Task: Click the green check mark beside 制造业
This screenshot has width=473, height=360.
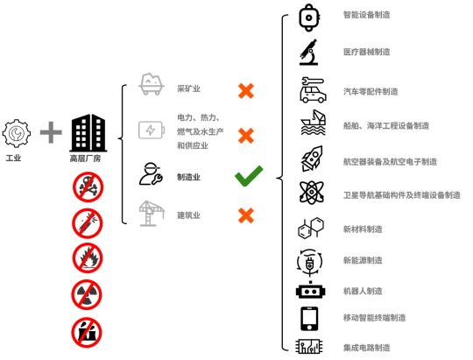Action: coord(248,177)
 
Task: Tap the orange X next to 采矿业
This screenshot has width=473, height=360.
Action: coord(246,91)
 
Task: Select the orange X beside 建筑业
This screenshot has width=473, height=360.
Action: coord(246,215)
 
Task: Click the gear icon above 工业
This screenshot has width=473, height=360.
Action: coord(17,133)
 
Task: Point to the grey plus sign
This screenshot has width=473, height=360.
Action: coord(51,132)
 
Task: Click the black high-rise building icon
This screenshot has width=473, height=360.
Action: coord(88,133)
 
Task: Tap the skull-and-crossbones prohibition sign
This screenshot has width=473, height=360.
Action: coord(88,187)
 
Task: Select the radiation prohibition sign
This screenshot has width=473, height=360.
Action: coord(87,294)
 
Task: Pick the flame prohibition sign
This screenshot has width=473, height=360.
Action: coord(88,258)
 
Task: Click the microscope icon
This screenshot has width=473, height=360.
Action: coord(309,52)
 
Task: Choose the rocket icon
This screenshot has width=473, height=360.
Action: coord(312,159)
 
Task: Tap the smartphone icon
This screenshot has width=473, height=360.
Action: coord(309,319)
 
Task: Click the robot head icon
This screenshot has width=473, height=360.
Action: coord(310,290)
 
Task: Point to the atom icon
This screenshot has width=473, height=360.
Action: coord(312,193)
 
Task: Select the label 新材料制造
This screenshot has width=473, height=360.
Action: coord(363,229)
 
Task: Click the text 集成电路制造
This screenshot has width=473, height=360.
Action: coord(366,348)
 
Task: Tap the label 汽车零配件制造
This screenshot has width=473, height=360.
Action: coord(371,91)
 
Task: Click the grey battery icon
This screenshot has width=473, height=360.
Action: coord(152,130)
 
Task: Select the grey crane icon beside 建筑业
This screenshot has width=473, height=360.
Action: coord(152,214)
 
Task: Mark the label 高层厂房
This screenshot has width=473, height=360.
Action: coord(85,159)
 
